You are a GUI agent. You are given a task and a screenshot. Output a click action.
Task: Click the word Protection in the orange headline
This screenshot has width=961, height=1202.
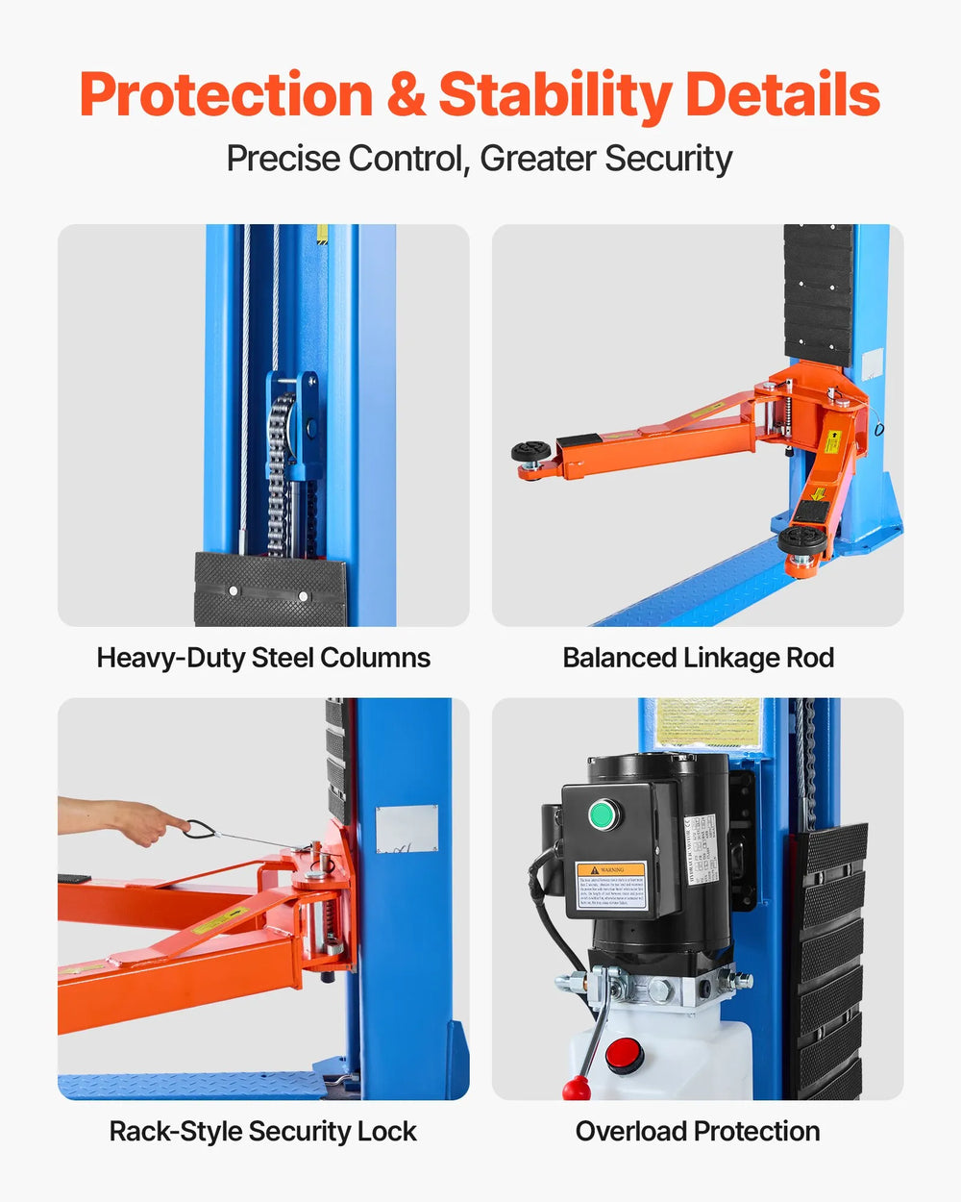226,95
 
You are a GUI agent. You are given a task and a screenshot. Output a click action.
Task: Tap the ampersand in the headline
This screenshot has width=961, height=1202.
406,95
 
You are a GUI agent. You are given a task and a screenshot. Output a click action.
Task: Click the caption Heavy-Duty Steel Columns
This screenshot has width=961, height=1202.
263,658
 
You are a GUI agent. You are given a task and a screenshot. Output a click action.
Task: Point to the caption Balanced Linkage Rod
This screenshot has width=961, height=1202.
698,658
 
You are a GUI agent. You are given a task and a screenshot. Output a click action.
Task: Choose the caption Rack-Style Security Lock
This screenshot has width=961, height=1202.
262,1131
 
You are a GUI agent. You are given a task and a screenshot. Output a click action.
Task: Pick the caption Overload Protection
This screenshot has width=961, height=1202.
698,1131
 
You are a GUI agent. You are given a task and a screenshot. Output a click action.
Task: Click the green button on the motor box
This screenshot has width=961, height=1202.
603,815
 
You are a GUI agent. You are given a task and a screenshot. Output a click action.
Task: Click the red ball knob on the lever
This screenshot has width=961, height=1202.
575,1089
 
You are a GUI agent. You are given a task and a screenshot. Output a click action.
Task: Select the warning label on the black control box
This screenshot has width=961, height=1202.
611,886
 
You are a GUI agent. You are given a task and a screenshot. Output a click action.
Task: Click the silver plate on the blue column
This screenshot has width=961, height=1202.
407,829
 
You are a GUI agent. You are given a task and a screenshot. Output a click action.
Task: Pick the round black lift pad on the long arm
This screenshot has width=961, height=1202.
530,451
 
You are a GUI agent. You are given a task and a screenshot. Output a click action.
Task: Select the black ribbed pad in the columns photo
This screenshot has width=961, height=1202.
270,589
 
